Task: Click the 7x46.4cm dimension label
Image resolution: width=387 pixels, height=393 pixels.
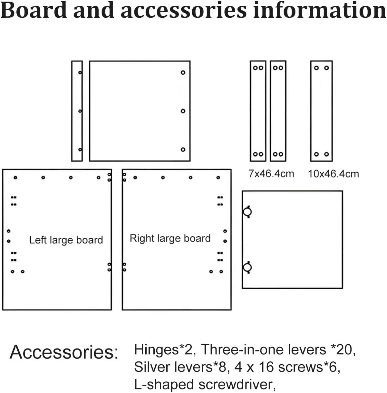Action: (x=271, y=174)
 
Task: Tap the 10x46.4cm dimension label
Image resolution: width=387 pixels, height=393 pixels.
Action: (x=333, y=174)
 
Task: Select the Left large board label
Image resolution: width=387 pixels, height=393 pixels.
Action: (x=66, y=240)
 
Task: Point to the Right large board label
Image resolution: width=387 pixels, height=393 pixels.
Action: (x=170, y=239)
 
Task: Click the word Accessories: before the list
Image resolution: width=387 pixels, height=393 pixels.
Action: (x=64, y=352)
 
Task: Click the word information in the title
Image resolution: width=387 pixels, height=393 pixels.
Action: (x=319, y=10)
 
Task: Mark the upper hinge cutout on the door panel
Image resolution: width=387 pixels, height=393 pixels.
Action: (x=247, y=212)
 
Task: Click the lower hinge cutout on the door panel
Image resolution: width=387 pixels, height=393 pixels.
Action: (x=247, y=268)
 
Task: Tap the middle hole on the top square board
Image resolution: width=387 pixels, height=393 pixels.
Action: (x=183, y=111)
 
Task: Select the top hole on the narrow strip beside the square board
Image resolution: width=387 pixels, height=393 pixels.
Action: (x=80, y=72)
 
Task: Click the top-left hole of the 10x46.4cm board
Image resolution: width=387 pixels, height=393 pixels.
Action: (x=316, y=68)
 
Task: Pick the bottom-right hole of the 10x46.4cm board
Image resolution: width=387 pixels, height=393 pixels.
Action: (x=326, y=154)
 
